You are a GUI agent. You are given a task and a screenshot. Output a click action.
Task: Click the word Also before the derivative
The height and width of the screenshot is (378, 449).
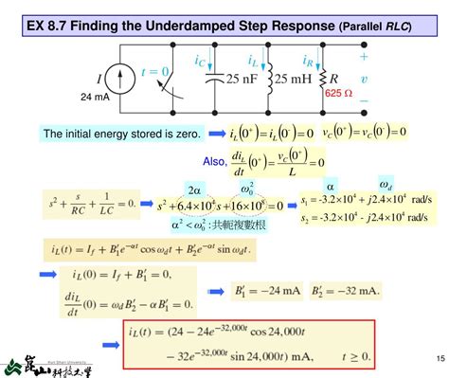click(216, 161)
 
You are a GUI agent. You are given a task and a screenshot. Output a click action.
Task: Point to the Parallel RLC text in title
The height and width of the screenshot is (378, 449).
click(374, 27)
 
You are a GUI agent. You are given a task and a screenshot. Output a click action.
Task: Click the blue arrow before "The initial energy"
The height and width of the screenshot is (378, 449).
click(23, 134)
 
